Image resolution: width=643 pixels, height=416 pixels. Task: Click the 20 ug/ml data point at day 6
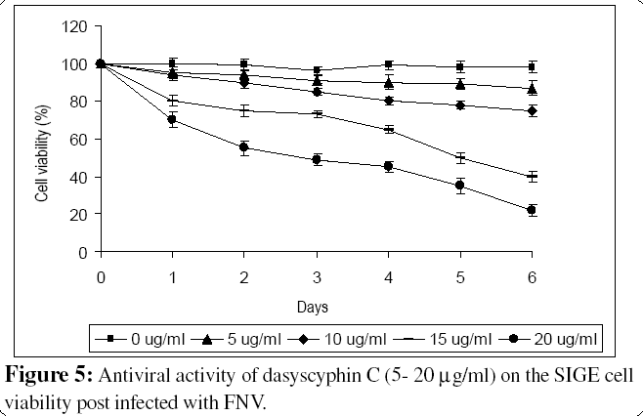coord(532,210)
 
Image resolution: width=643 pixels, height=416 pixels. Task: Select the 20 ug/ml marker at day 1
coord(172,120)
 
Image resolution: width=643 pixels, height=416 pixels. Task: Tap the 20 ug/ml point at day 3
coord(317,159)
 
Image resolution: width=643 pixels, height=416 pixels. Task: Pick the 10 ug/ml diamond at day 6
coord(532,111)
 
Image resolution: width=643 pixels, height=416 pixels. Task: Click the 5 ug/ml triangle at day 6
coord(532,89)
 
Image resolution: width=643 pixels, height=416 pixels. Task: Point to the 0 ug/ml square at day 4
coord(389,64)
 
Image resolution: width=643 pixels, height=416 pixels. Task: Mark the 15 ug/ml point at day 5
coord(460,157)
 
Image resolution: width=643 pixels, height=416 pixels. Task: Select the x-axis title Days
coord(316,305)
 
